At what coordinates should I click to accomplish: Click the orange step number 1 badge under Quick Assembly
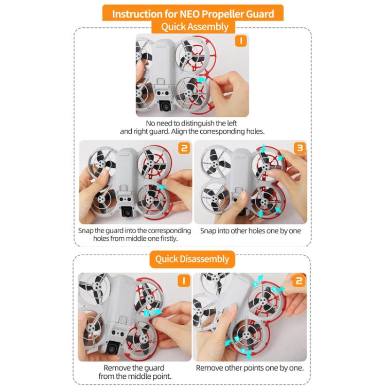click(x=240, y=41)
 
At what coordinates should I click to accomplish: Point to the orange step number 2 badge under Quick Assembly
click(x=184, y=149)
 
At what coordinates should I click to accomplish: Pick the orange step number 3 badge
click(x=299, y=149)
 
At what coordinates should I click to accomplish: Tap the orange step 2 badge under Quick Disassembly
click(x=299, y=281)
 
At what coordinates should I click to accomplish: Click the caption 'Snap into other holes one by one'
click(x=251, y=231)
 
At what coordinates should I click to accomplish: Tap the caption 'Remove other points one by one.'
click(x=250, y=368)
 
